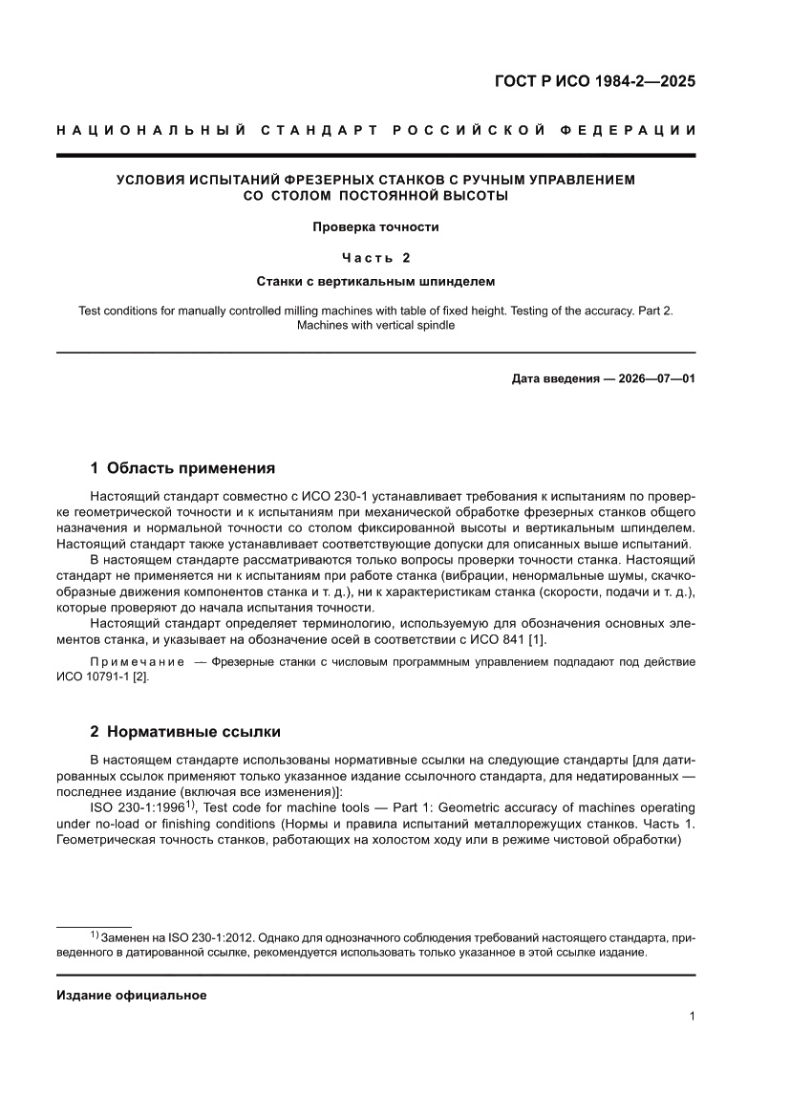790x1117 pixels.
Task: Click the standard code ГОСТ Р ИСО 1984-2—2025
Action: [x=594, y=81]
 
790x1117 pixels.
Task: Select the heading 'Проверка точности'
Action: [x=375, y=227]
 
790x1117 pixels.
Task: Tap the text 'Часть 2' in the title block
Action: [x=375, y=257]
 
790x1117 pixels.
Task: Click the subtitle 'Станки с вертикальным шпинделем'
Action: [x=375, y=282]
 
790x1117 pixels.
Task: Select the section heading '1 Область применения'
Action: [x=182, y=468]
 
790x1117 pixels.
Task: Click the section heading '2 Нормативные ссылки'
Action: [x=185, y=732]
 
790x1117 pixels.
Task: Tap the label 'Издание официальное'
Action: [x=132, y=995]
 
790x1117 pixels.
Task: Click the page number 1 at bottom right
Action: [x=691, y=1017]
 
